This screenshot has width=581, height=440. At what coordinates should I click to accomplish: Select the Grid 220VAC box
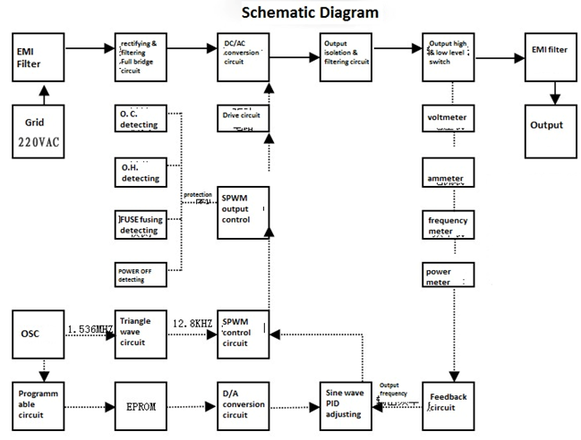pos(38,131)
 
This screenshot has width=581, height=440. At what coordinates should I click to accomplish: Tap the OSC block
pos(38,334)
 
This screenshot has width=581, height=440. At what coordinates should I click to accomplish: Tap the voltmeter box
pos(449,117)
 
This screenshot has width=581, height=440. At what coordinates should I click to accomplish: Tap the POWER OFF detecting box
pos(141,275)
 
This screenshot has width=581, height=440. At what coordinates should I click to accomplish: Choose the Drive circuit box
pos(244,120)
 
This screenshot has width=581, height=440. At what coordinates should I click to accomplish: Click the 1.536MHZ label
pos(90,329)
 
